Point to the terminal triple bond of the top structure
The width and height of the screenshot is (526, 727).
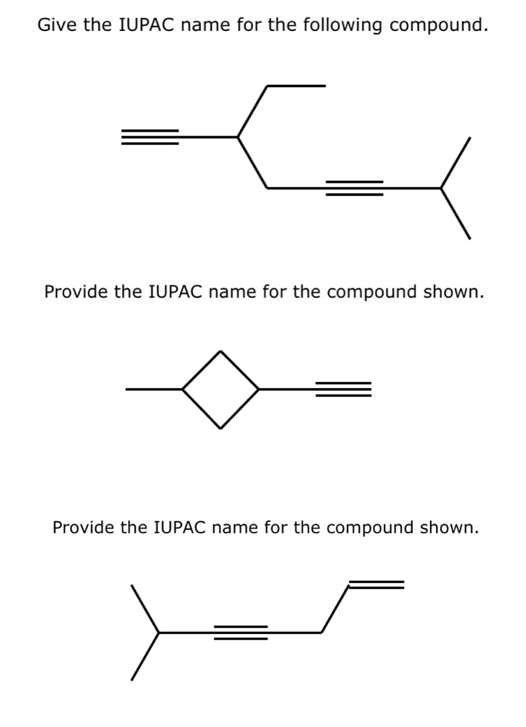[x=150, y=137]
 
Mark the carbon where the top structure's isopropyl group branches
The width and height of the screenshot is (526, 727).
[x=441, y=188]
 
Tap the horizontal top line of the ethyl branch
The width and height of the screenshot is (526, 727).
[x=296, y=86]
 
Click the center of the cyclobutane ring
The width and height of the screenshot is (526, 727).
[x=220, y=390]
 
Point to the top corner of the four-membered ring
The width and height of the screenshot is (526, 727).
[x=220, y=352]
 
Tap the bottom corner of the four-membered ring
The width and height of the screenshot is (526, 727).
[x=220, y=427]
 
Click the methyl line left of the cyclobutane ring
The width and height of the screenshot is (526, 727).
[x=154, y=389]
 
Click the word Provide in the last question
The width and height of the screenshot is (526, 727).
[x=83, y=527]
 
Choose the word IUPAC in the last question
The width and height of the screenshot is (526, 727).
[x=180, y=527]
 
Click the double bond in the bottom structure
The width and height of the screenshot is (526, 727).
[x=376, y=585]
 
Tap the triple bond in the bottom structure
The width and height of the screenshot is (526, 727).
[x=240, y=633]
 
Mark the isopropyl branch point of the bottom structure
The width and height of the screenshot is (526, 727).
[x=159, y=633]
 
